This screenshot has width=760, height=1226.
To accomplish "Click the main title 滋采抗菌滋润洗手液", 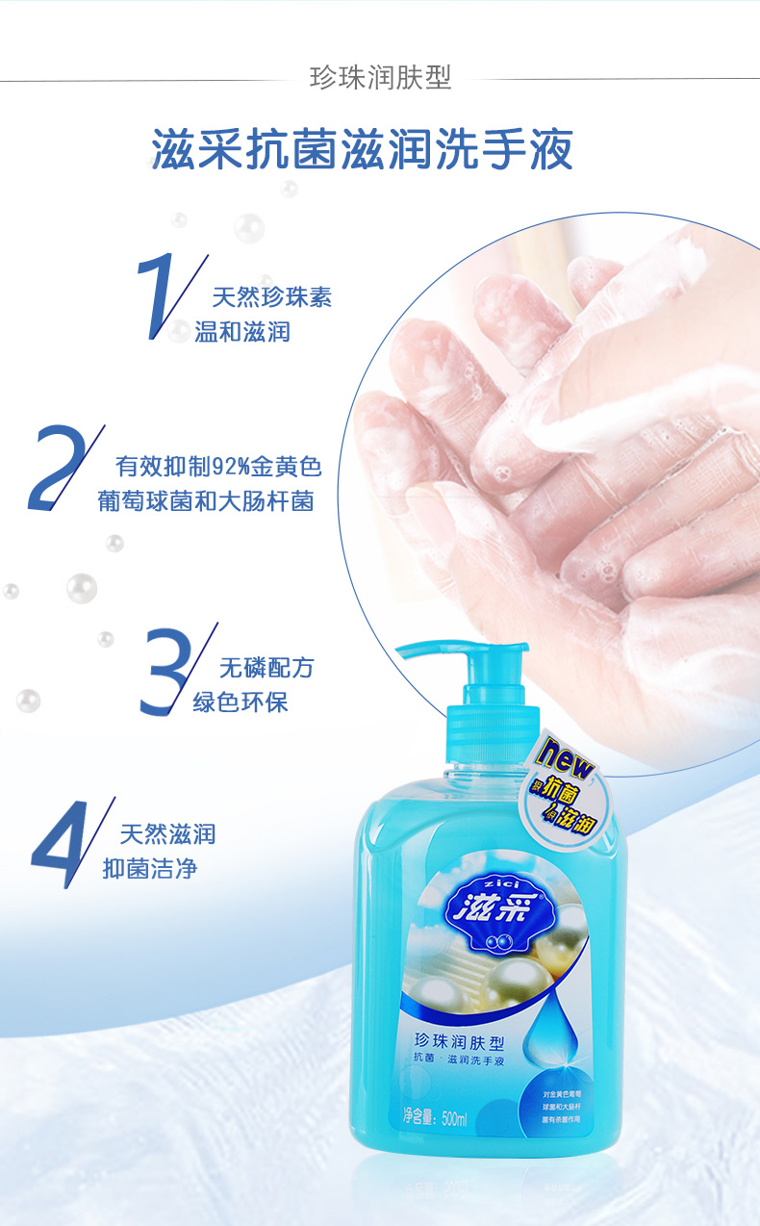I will [x=363, y=149].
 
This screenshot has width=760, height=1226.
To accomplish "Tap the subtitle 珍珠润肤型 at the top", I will [x=380, y=78].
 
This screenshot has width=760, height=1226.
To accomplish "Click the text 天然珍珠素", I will [x=271, y=297].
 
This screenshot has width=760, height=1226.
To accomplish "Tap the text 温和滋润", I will [x=242, y=333].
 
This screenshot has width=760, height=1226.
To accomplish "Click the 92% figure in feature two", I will [x=229, y=468].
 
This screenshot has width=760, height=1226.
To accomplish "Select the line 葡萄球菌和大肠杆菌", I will [x=206, y=501].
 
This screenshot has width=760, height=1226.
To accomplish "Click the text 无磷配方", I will [x=266, y=668].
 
